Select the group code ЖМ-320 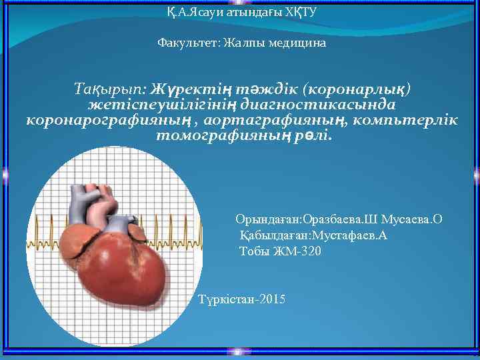click(293, 251)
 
